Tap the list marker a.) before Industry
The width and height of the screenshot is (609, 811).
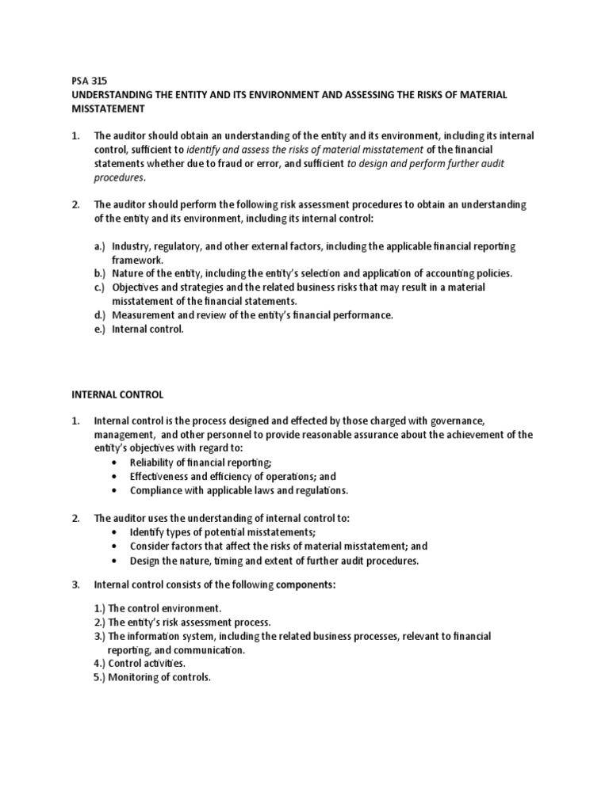click(x=100, y=246)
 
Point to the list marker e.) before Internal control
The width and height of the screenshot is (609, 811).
click(x=100, y=329)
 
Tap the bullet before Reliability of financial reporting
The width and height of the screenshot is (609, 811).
click(x=117, y=463)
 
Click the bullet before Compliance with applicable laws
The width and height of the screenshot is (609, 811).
click(x=117, y=490)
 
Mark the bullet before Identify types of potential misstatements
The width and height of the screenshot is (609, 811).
click(x=117, y=531)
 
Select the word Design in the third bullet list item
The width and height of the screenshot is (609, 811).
click(x=145, y=559)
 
